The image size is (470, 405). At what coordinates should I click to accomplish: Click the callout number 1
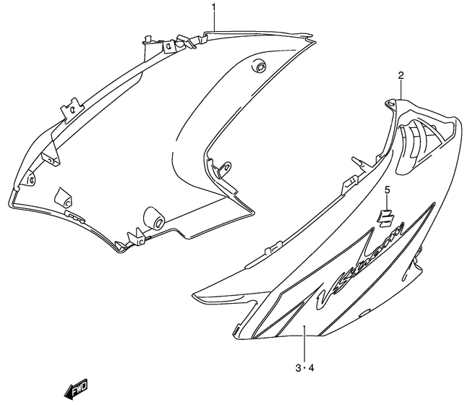coord(214,7)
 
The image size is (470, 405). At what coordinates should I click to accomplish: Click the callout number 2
coord(401,75)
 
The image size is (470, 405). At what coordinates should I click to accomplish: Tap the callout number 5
coord(387,189)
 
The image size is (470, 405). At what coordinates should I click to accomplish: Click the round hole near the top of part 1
coord(257,67)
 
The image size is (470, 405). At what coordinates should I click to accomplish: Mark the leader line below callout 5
coord(387,202)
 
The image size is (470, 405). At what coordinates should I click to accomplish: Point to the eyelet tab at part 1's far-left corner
coord(30,178)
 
